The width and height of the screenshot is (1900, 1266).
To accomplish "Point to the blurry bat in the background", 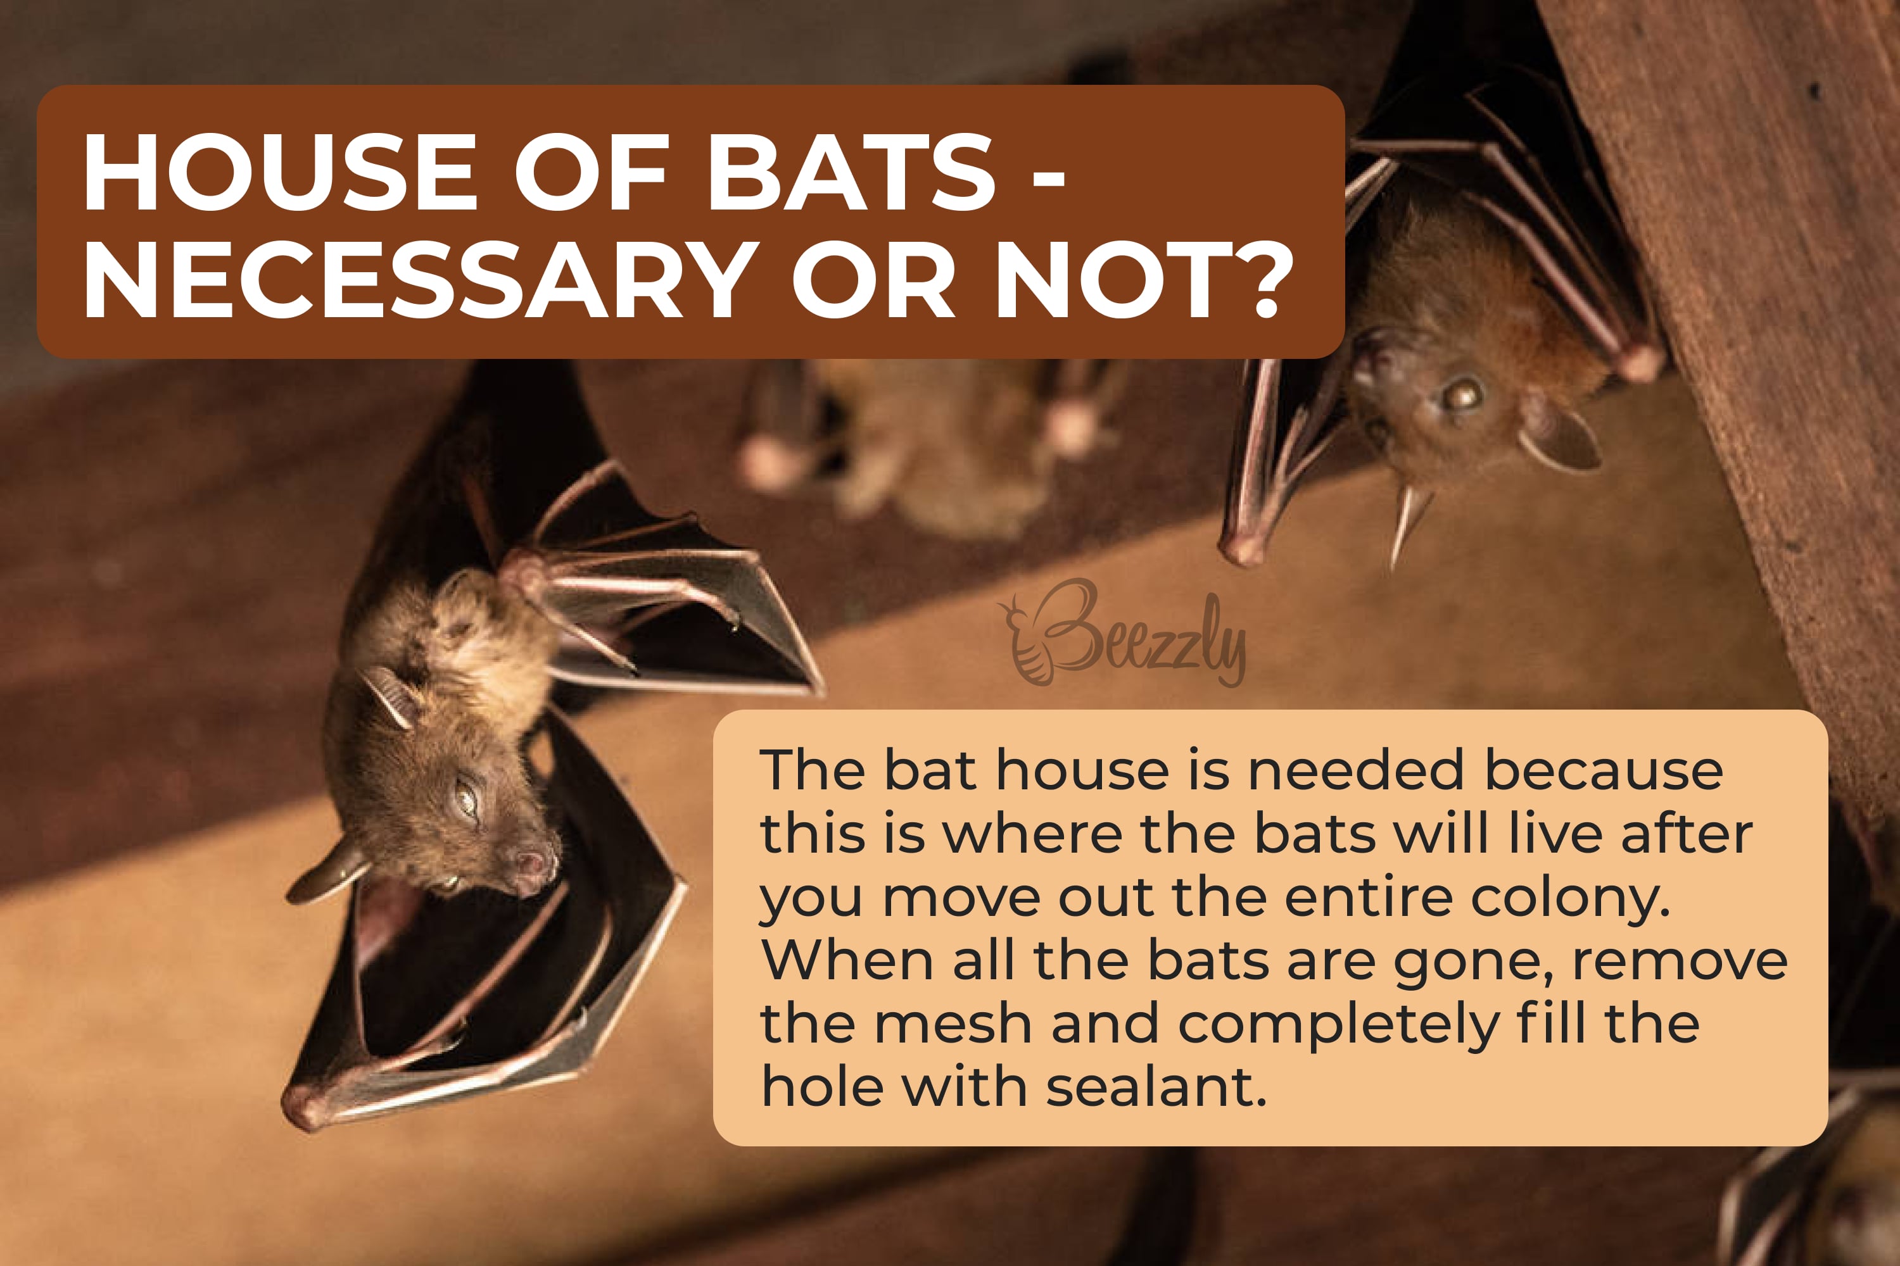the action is click(929, 444).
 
